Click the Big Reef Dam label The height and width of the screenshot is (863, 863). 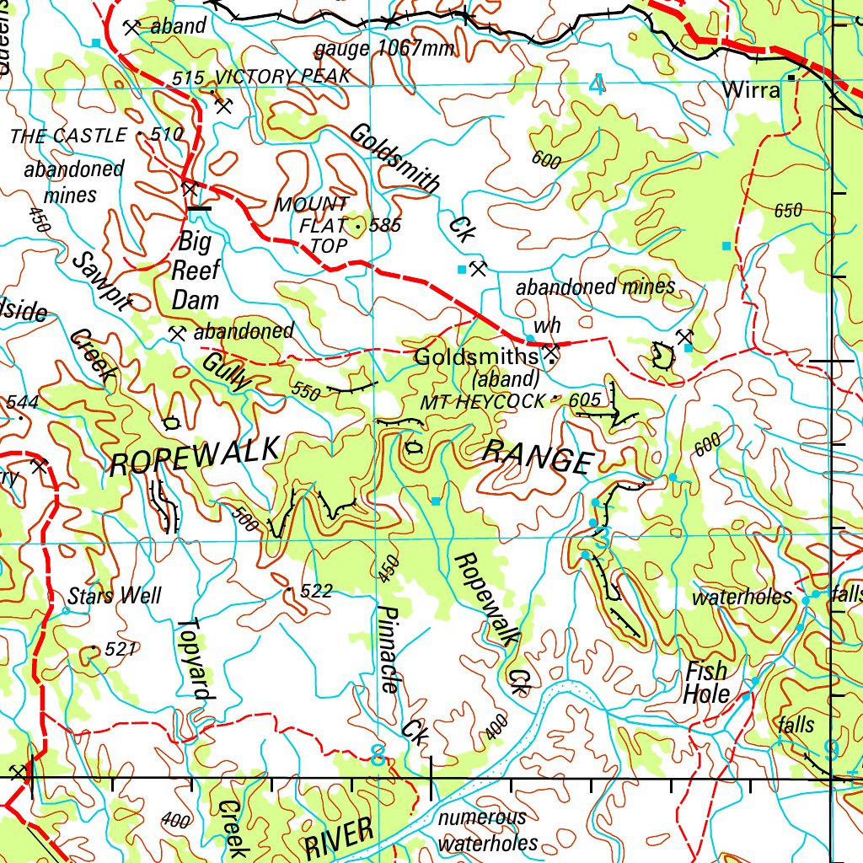click(x=196, y=271)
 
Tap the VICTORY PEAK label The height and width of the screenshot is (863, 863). click(x=281, y=77)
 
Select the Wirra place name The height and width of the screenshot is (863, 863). click(x=752, y=91)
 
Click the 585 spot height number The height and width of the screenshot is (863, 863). click(x=385, y=226)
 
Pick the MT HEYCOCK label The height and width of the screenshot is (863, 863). click(x=484, y=403)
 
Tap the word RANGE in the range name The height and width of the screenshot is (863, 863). click(x=538, y=458)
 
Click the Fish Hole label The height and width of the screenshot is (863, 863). click(x=706, y=683)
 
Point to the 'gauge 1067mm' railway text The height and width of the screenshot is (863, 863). click(x=384, y=49)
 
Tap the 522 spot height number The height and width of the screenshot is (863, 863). click(x=316, y=592)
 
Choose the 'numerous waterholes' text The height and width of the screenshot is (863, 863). click(x=487, y=830)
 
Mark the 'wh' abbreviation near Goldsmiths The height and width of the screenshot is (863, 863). click(x=543, y=327)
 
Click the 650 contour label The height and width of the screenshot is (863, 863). click(x=788, y=211)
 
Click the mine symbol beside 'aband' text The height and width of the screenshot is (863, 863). click(x=131, y=27)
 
